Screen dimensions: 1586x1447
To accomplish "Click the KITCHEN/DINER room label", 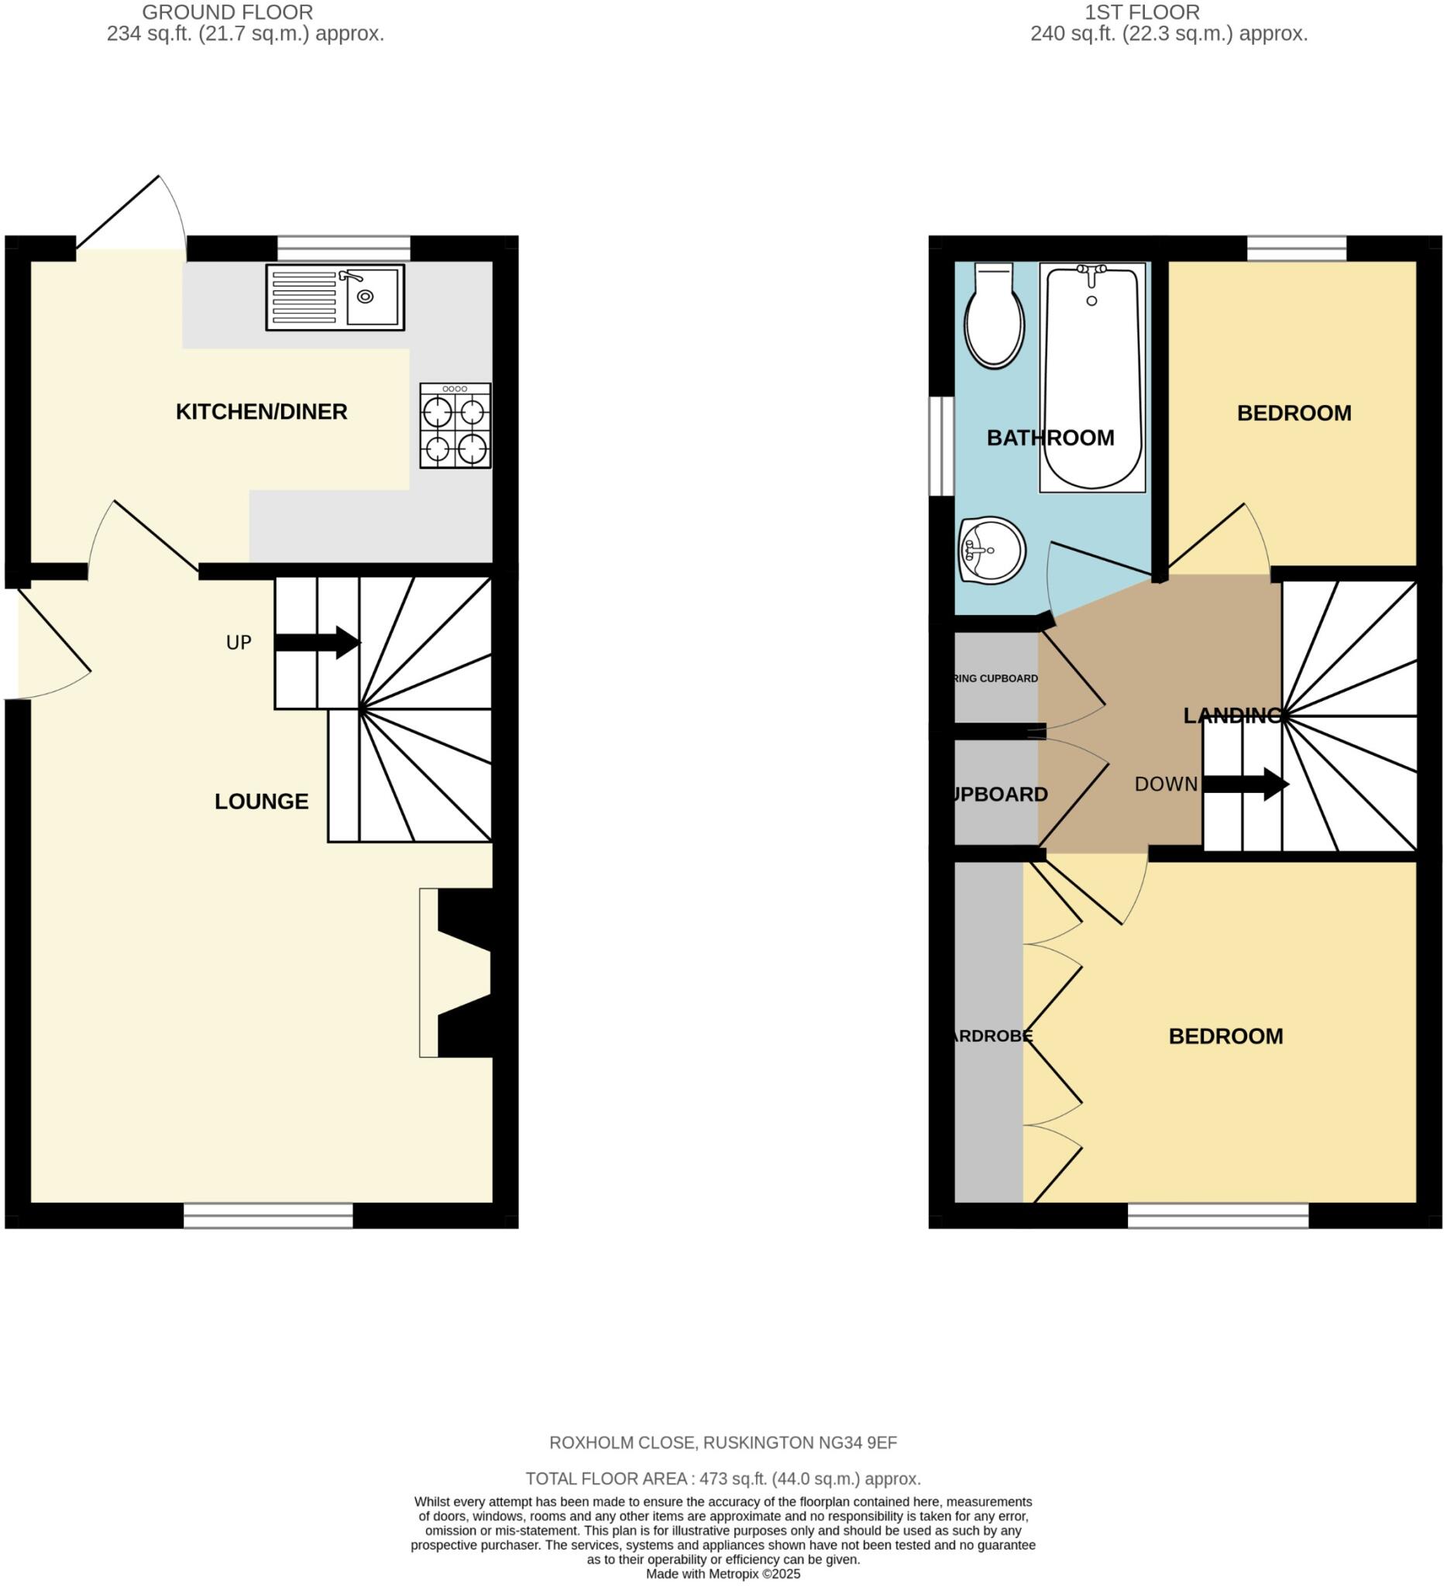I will pyautogui.click(x=261, y=412).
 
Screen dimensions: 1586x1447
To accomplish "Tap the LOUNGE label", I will pyautogui.click(x=261, y=802).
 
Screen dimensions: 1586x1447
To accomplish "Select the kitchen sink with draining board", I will pyautogui.click(x=335, y=297).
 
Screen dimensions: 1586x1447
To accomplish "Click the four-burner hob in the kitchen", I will pyautogui.click(x=455, y=426).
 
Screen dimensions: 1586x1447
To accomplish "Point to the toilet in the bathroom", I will pyautogui.click(x=994, y=317).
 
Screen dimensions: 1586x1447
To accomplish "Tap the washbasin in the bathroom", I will pyautogui.click(x=992, y=550).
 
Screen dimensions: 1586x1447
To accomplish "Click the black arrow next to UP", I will pyautogui.click(x=318, y=643).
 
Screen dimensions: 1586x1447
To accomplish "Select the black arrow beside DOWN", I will pyautogui.click(x=1246, y=784).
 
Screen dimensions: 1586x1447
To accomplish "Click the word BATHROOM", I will pyautogui.click(x=1050, y=438).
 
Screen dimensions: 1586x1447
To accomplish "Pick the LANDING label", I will pyautogui.click(x=1233, y=715).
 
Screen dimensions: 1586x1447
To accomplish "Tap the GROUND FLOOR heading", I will pyautogui.click(x=228, y=12).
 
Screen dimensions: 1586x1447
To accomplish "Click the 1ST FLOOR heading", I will pyautogui.click(x=1142, y=12).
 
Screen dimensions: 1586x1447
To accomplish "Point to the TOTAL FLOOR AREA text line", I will pyautogui.click(x=723, y=1478).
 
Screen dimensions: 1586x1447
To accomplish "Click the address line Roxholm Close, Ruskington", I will pyautogui.click(x=723, y=1443).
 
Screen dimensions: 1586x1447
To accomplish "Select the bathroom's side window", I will pyautogui.click(x=941, y=446).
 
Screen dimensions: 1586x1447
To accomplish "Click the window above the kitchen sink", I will pyautogui.click(x=344, y=249).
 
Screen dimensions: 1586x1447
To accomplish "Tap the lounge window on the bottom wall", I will pyautogui.click(x=268, y=1216).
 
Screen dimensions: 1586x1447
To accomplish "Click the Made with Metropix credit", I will pyautogui.click(x=723, y=1574).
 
